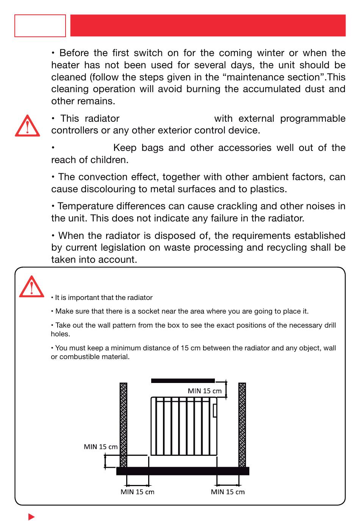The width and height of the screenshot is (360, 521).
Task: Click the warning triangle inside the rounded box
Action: point(31,287)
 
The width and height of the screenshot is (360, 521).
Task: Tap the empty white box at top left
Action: point(40,26)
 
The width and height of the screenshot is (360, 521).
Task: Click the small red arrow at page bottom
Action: point(31,516)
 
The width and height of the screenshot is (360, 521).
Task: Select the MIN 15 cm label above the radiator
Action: point(205,391)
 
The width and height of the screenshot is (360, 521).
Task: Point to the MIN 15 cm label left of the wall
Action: point(101,447)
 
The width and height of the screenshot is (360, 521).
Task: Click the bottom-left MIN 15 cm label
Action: point(137,492)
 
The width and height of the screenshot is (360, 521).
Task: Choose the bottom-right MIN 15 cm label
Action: point(228,492)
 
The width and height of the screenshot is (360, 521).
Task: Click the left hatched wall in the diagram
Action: point(124,425)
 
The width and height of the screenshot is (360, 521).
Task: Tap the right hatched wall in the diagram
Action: point(242,425)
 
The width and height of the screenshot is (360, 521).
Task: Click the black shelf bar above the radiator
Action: point(183,381)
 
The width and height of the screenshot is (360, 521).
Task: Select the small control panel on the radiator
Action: point(215,411)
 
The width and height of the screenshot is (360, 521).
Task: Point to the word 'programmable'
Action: point(313,119)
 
